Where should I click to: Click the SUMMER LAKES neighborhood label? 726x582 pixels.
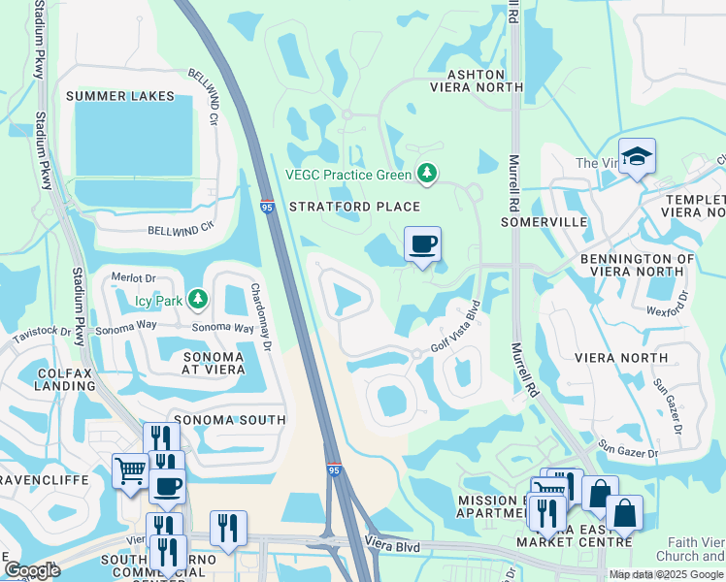[120, 96]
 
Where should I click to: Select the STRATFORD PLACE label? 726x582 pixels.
[354, 207]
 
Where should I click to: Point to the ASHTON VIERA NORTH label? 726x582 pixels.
[476, 81]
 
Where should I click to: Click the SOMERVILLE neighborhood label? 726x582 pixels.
[544, 222]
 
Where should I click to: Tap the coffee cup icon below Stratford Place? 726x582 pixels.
[422, 244]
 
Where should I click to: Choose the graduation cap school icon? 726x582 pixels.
[637, 156]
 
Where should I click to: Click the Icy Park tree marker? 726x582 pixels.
[198, 300]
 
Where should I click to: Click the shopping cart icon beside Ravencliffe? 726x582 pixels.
[130, 471]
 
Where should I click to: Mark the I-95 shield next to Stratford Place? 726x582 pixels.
[267, 207]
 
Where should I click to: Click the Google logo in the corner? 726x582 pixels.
[32, 570]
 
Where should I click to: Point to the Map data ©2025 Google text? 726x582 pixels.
[665, 574]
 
